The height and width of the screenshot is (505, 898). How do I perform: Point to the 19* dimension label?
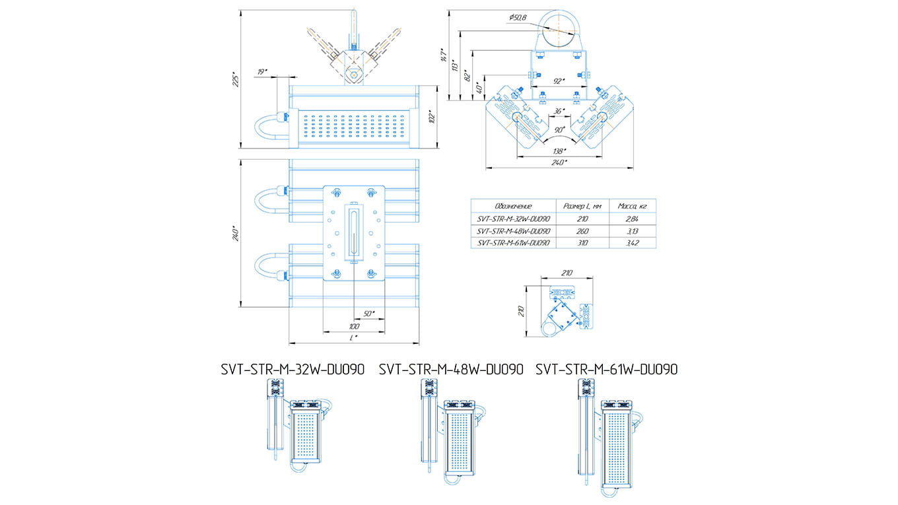[262, 71]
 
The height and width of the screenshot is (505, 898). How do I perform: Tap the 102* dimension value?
[432, 118]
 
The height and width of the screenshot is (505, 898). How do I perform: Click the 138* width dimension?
[559, 151]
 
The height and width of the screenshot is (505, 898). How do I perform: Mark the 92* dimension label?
[559, 81]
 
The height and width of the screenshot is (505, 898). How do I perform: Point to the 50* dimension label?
[368, 312]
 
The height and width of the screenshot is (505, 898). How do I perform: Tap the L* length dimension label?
[355, 337]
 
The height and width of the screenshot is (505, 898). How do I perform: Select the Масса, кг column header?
[632, 206]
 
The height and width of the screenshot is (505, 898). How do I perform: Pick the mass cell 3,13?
[632, 231]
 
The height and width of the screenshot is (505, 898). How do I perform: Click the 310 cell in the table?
[582, 243]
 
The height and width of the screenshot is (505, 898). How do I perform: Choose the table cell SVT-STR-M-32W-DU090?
[513, 219]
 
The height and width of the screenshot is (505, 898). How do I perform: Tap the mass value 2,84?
[632, 219]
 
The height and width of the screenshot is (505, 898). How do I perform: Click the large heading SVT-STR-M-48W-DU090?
[451, 370]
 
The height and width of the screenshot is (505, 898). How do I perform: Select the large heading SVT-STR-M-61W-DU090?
[606, 370]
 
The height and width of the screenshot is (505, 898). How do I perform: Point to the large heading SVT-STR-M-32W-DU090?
[293, 370]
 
